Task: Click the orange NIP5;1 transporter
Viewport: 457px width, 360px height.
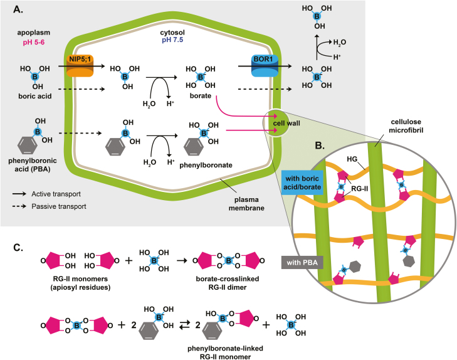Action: point(80,66)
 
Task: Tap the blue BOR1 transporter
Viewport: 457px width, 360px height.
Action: point(265,66)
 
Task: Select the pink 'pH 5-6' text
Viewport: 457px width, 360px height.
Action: point(34,43)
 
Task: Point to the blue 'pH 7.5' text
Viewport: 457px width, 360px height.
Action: point(172,40)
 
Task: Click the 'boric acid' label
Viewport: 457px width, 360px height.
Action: point(35,96)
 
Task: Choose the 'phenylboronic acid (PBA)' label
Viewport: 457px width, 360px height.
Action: point(33,165)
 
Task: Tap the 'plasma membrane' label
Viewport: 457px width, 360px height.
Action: point(246,204)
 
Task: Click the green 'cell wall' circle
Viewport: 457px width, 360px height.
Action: point(276,123)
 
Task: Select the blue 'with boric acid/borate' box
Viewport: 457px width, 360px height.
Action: point(302,183)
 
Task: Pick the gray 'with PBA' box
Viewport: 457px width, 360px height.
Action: point(302,263)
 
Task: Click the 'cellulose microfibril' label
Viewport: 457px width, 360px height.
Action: point(406,126)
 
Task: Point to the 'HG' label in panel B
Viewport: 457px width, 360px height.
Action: point(352,159)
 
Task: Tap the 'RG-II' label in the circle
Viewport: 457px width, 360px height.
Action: point(360,189)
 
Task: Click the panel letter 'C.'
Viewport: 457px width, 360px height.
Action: point(18,248)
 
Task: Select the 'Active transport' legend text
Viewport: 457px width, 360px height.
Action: point(56,194)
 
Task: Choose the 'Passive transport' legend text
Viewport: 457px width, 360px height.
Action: point(59,206)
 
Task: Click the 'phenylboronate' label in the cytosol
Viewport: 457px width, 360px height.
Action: point(206,166)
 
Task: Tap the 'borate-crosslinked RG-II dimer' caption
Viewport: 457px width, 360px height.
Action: point(228,283)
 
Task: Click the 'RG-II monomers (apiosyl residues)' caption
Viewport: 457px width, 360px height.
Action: point(80,283)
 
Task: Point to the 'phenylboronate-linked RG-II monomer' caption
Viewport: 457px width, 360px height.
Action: point(225,352)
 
